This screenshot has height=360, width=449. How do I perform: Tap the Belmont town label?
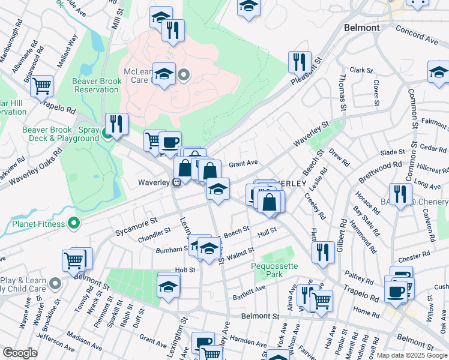(363, 28)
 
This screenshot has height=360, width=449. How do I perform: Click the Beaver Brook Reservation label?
(96, 85)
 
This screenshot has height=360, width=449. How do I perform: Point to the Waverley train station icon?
(177, 183)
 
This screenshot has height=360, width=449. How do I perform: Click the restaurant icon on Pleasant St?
(298, 62)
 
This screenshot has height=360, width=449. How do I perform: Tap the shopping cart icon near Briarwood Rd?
(41, 86)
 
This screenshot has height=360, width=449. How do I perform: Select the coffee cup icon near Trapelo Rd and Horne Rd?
(395, 291)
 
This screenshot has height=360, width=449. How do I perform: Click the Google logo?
(20, 353)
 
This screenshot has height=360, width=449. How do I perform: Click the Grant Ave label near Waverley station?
(243, 163)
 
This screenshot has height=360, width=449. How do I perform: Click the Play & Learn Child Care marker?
(55, 282)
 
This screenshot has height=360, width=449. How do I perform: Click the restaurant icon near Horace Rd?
(400, 194)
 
